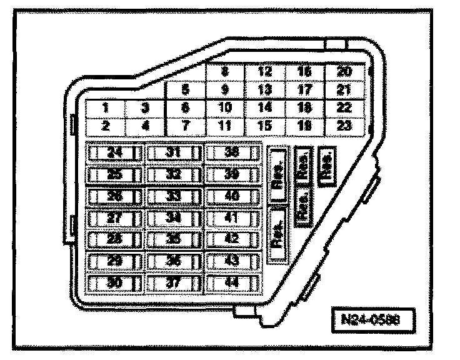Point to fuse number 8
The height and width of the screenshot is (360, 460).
(224, 72)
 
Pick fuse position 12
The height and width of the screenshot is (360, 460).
(264, 72)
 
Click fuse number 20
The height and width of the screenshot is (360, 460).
(344, 72)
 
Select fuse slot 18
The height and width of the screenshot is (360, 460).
(304, 107)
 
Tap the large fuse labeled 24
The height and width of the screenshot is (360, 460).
(114, 152)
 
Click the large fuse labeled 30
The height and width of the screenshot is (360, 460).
(114, 282)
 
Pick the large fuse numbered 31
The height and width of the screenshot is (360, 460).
(174, 152)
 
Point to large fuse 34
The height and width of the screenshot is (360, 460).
(174, 217)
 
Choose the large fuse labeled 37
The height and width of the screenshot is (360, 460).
(174, 282)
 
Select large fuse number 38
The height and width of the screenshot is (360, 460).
(232, 152)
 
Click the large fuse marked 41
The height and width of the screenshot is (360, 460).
(232, 217)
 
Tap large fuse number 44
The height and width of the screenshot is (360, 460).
(232, 282)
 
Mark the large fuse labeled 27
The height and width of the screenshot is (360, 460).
(114, 217)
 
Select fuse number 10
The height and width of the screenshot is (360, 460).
(224, 107)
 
